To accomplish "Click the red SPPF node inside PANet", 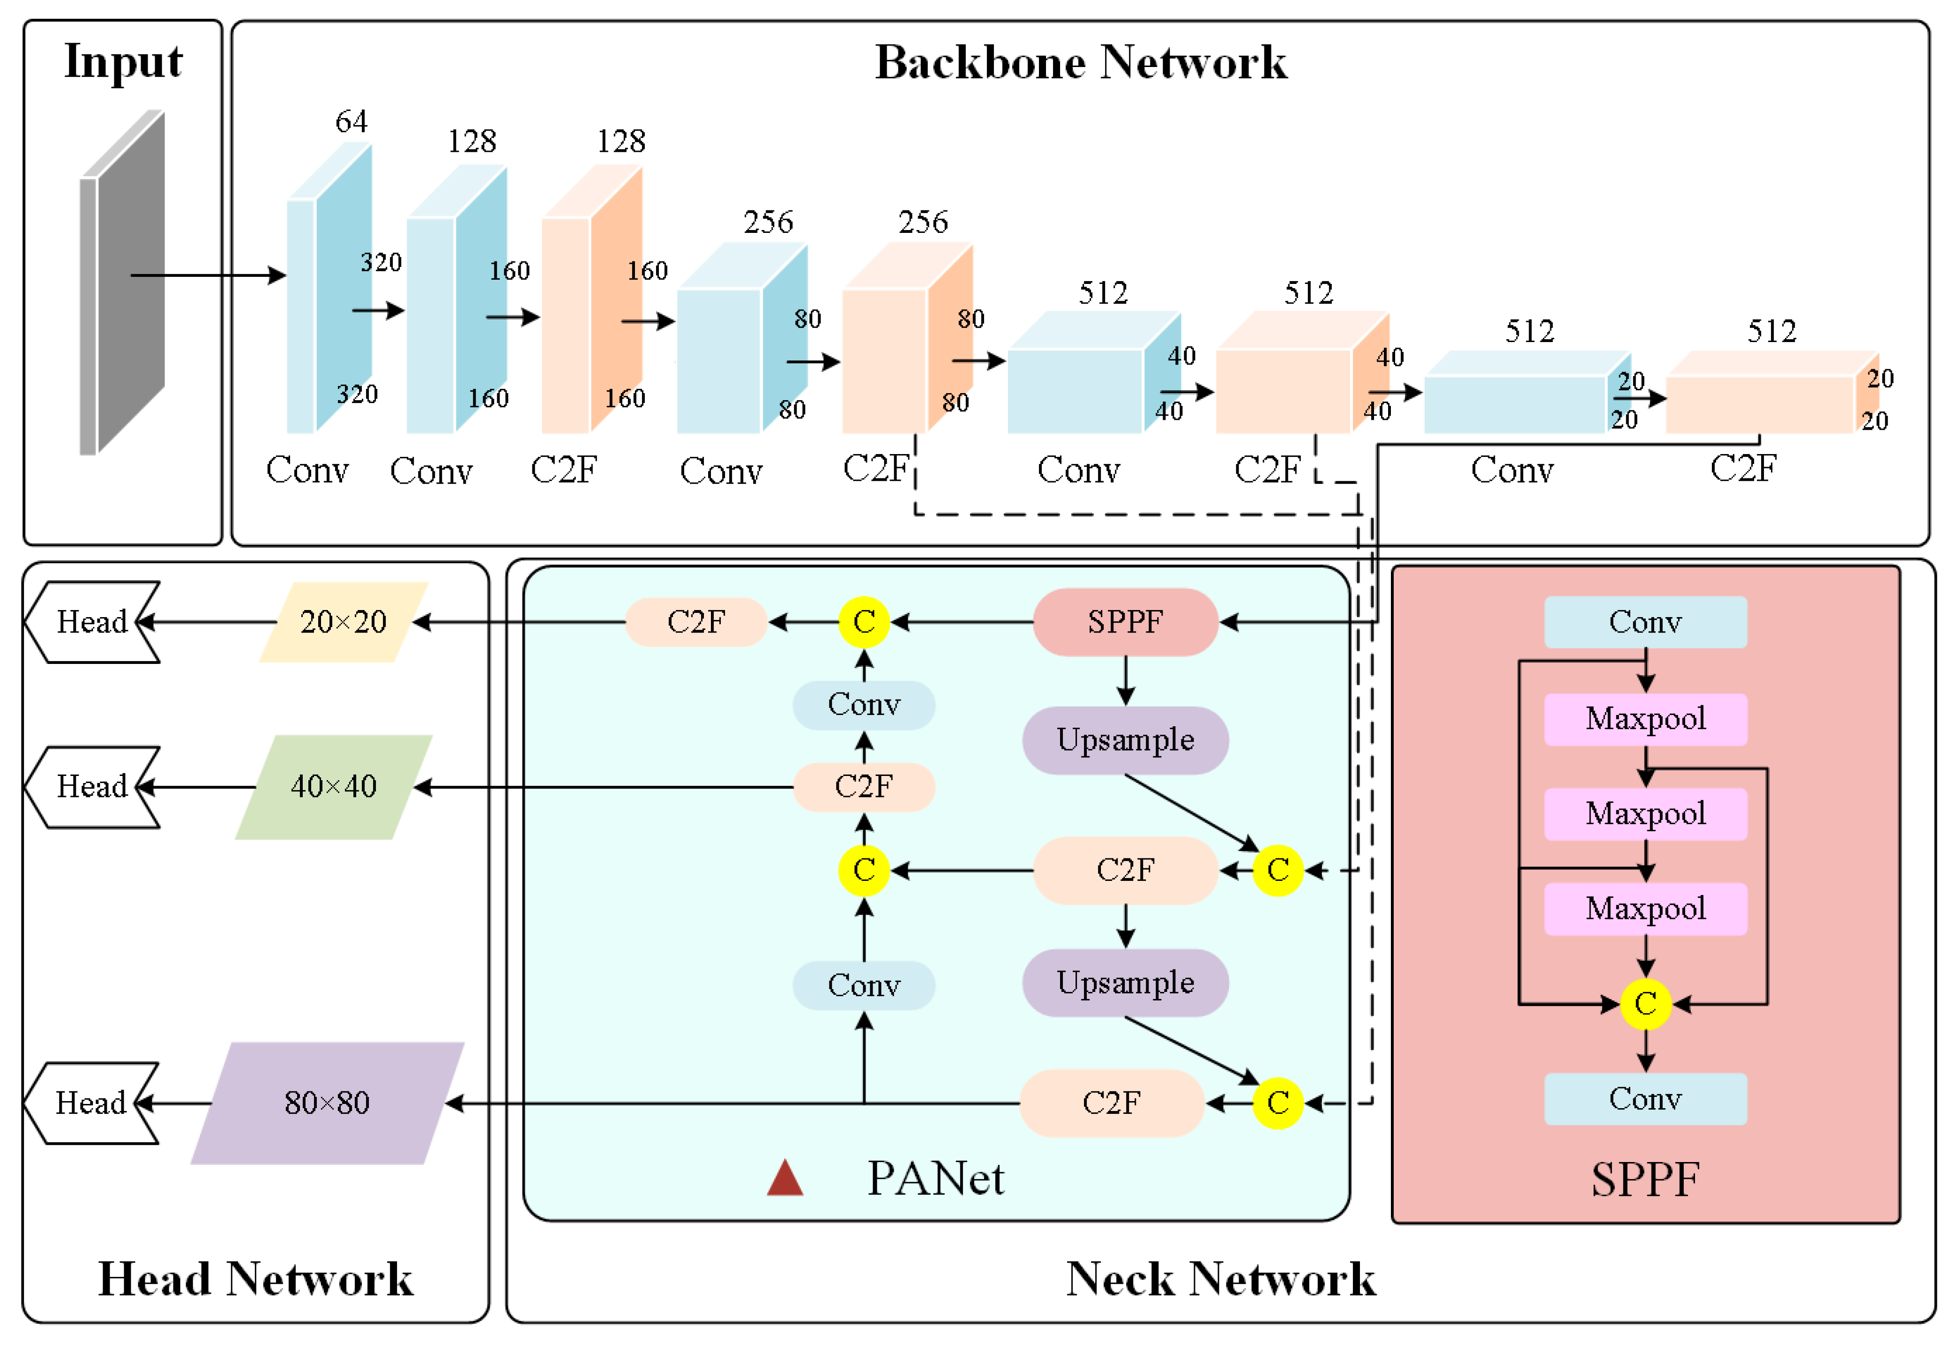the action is point(1125,622).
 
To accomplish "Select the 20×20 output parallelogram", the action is point(343,622).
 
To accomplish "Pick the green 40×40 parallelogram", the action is point(334,787).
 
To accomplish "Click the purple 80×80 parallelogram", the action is point(327,1103).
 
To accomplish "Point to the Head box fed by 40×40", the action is point(91,787).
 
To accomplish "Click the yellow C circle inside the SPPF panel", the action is point(1645,1004).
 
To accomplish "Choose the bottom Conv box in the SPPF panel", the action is point(1645,1099).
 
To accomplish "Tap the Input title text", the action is point(123,62).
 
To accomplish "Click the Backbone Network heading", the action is point(1080,62).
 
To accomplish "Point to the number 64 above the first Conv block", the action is point(351,122).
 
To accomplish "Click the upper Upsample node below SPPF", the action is point(1125,740).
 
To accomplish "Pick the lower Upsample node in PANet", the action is point(1125,983).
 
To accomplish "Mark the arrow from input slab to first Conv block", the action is point(208,275).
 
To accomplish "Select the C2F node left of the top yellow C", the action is point(696,622).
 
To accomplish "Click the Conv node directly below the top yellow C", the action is point(864,705).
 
